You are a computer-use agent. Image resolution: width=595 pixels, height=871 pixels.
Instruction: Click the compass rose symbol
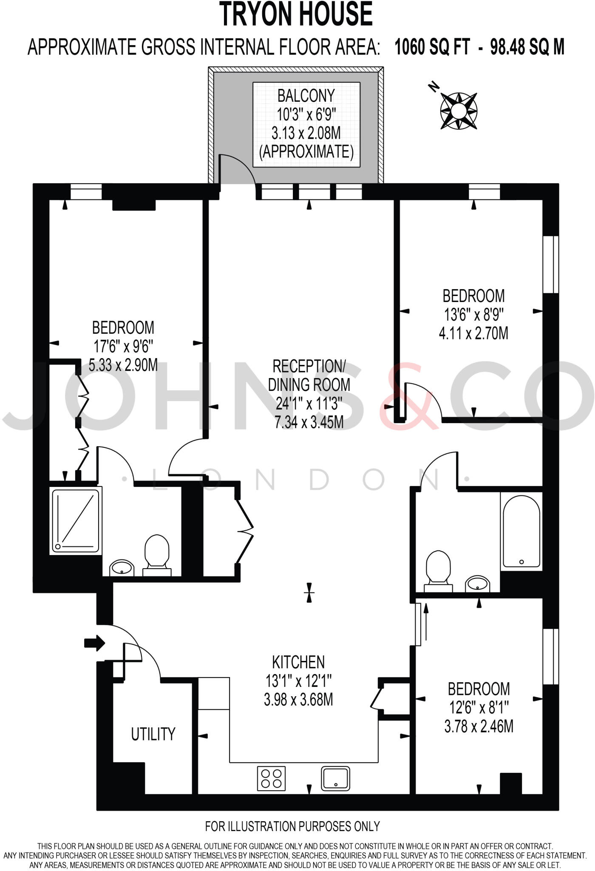pos(458,111)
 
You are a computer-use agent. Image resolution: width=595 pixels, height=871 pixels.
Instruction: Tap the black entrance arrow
pos(94,643)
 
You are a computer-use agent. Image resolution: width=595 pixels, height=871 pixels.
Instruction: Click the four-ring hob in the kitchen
pos(271,778)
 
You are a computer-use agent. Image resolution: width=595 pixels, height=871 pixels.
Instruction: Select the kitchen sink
pos(335,778)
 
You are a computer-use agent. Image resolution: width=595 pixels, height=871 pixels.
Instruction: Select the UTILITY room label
pos(153,734)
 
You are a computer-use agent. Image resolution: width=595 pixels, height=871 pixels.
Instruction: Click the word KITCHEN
pos(298,662)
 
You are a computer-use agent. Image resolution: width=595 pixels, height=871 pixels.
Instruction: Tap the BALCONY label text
pos(306,96)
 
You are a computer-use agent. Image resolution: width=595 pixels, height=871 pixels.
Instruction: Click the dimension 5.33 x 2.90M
pos(123,365)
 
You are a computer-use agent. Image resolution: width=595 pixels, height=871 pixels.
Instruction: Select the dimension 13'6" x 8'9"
pos(473,315)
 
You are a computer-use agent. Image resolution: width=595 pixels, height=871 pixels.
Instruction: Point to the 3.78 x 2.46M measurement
pos(479,726)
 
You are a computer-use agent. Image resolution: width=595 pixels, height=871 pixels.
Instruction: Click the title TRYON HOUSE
pos(296,14)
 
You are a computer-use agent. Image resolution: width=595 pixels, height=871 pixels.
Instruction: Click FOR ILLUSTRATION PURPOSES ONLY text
pos(292,826)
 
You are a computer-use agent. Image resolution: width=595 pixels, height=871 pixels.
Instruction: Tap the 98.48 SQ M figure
pos(527,47)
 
